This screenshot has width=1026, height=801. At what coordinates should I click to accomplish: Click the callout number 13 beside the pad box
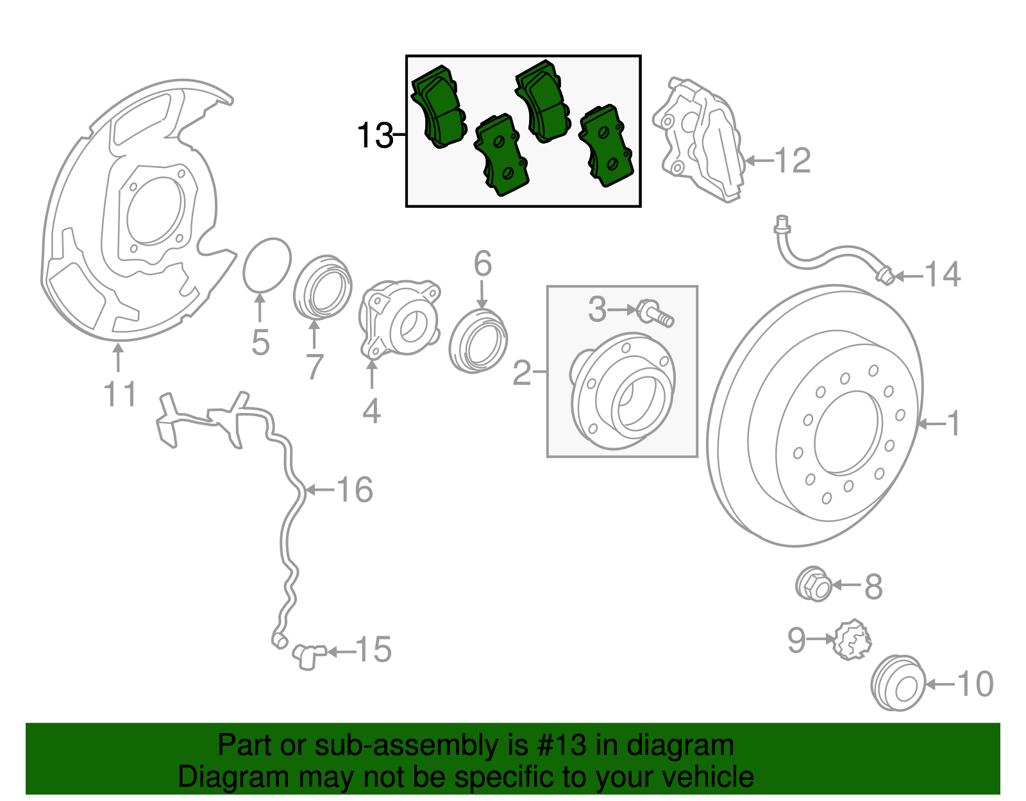[x=374, y=136]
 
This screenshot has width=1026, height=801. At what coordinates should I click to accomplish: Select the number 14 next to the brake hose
[x=942, y=275]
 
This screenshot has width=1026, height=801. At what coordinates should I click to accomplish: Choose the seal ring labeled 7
[x=323, y=287]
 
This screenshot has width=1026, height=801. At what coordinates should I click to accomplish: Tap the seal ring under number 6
[x=478, y=341]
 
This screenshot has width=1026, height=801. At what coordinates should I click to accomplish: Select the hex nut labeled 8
[x=814, y=584]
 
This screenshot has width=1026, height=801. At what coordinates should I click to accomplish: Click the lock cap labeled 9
[x=852, y=639]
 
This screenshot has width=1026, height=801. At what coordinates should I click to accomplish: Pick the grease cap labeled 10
[x=898, y=684]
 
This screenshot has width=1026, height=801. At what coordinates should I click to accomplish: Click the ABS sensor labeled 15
[x=308, y=655]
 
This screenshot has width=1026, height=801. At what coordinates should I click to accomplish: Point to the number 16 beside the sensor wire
[x=355, y=490]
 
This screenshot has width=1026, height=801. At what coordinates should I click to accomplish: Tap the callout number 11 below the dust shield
[x=121, y=394]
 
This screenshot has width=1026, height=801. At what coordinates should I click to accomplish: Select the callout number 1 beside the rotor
[x=954, y=424]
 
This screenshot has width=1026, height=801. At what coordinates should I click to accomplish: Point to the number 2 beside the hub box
[x=523, y=372]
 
